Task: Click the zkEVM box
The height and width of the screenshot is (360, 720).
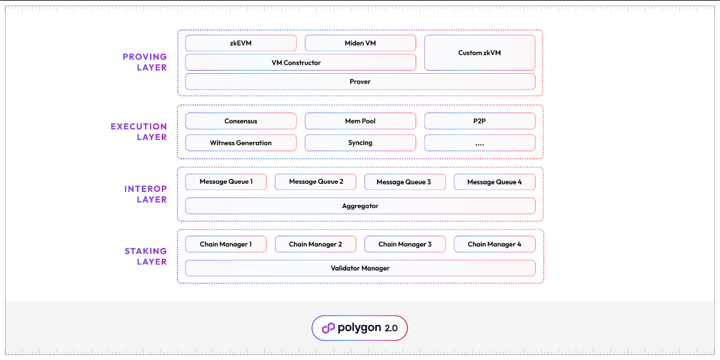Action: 241,43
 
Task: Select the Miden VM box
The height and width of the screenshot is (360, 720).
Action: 360,43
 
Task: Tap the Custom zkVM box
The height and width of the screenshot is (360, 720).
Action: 479,52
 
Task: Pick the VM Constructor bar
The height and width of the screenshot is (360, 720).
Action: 300,62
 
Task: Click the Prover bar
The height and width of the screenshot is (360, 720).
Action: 360,81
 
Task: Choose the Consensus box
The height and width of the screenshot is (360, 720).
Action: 241,121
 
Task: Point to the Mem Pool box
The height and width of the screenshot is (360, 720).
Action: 360,121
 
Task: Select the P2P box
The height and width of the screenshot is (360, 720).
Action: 479,121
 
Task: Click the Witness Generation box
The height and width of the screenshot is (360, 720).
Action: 241,142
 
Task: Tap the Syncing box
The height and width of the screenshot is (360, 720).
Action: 360,142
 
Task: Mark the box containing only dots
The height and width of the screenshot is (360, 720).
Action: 479,142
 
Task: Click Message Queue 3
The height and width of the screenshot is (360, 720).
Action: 404,182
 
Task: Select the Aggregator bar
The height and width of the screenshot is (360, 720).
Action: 360,206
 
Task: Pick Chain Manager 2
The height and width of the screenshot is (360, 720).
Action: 315,244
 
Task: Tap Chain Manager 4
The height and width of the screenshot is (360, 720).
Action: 494,244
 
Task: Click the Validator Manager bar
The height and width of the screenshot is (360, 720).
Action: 360,268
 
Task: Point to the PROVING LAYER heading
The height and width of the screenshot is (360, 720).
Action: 144,62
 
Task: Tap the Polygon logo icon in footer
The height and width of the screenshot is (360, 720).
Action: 328,328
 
